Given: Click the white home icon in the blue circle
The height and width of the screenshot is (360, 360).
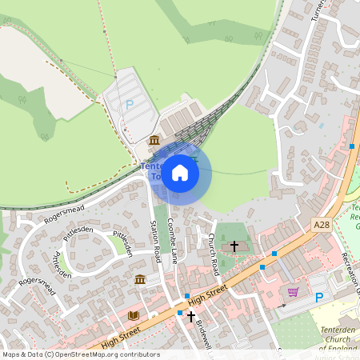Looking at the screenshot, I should click(x=180, y=172).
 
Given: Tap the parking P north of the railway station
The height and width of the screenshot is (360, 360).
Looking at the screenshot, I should click(x=130, y=104).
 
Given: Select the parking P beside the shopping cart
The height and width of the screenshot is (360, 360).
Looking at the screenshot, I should click(x=320, y=298).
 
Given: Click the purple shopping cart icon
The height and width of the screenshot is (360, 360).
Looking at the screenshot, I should click(x=293, y=292).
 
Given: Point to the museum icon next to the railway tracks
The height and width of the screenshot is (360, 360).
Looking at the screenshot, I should click(x=154, y=141).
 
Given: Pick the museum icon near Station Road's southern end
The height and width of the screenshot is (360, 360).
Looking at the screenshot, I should click(x=140, y=279).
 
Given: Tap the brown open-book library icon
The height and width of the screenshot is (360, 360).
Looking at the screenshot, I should click(x=133, y=315).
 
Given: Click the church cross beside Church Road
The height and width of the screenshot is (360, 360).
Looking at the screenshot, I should click(x=234, y=246).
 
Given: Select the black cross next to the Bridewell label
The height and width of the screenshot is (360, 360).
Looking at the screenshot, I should click(x=190, y=316).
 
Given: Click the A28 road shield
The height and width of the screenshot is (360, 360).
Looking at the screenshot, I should click(x=322, y=226).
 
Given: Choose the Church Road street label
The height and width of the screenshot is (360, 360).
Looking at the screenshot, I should click(x=213, y=254).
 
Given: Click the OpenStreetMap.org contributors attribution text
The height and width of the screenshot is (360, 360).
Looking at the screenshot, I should click(x=107, y=354).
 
